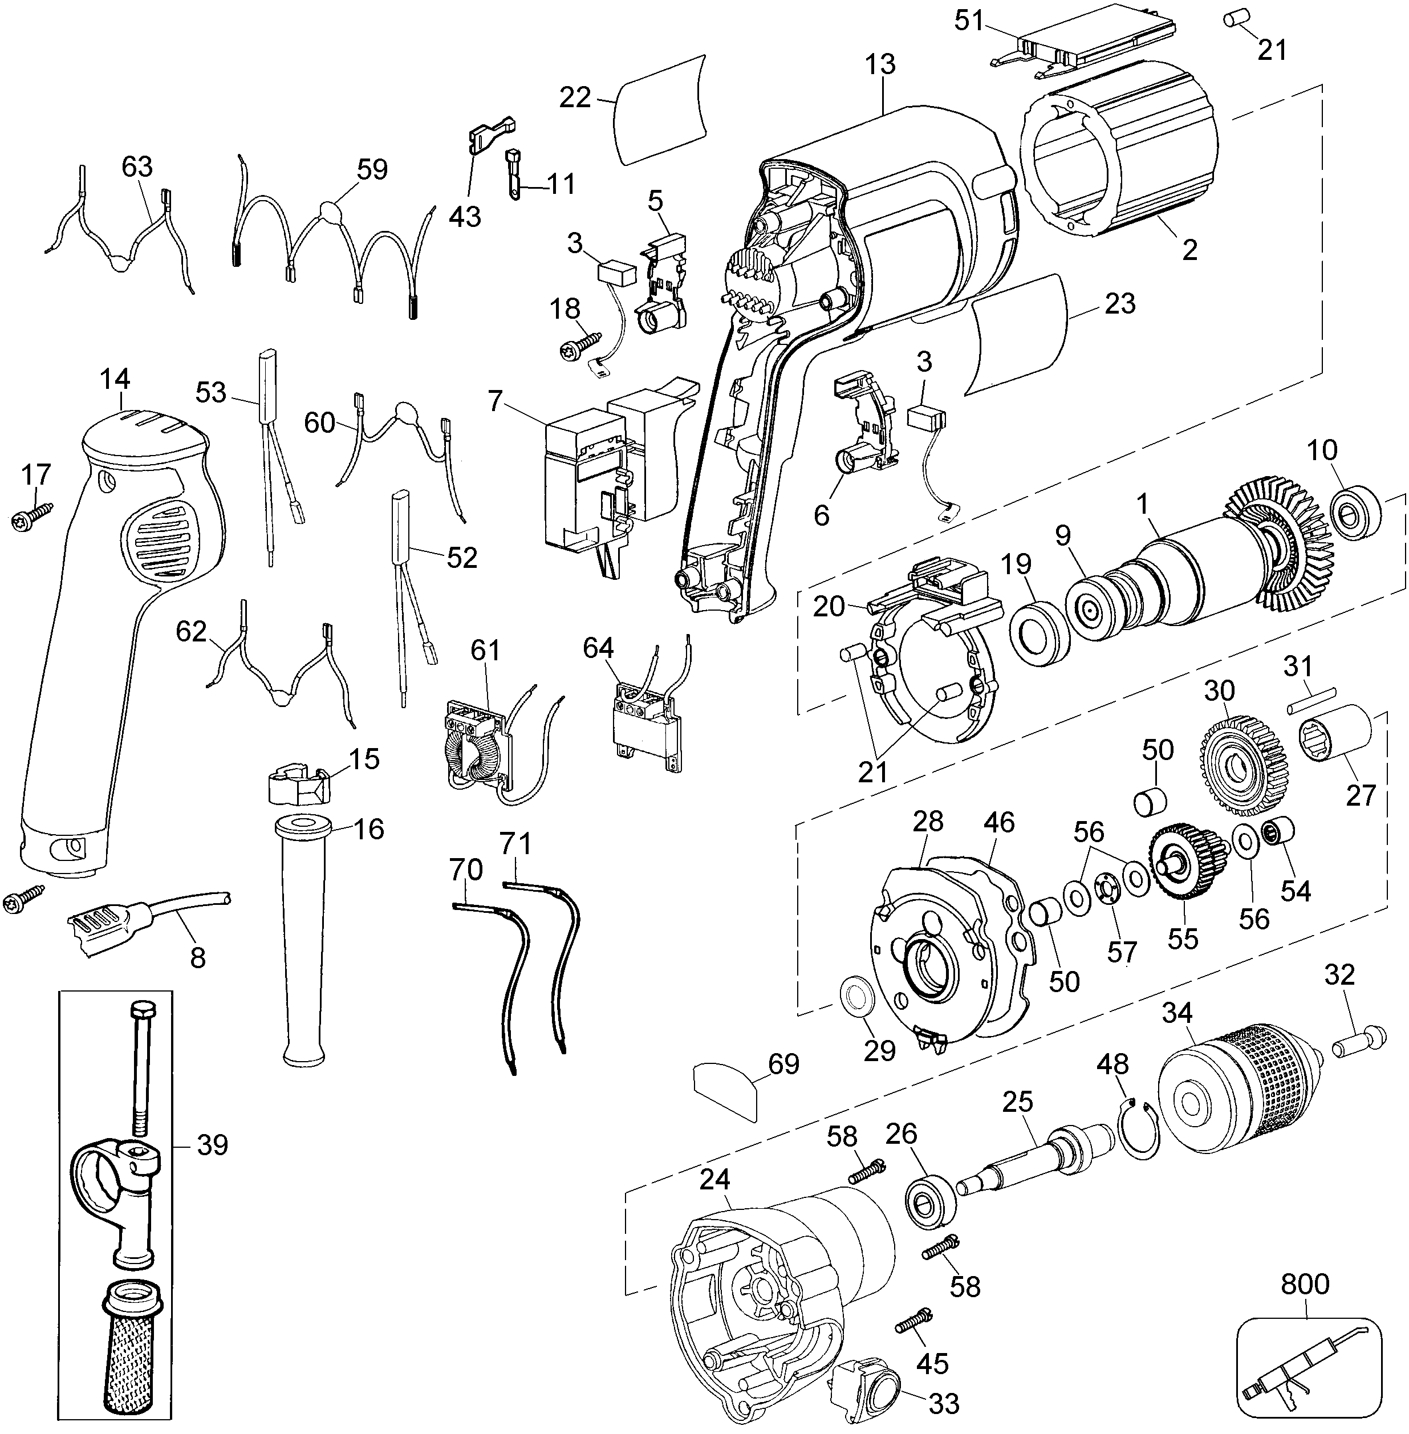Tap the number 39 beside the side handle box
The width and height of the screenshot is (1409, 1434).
[x=212, y=1145]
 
